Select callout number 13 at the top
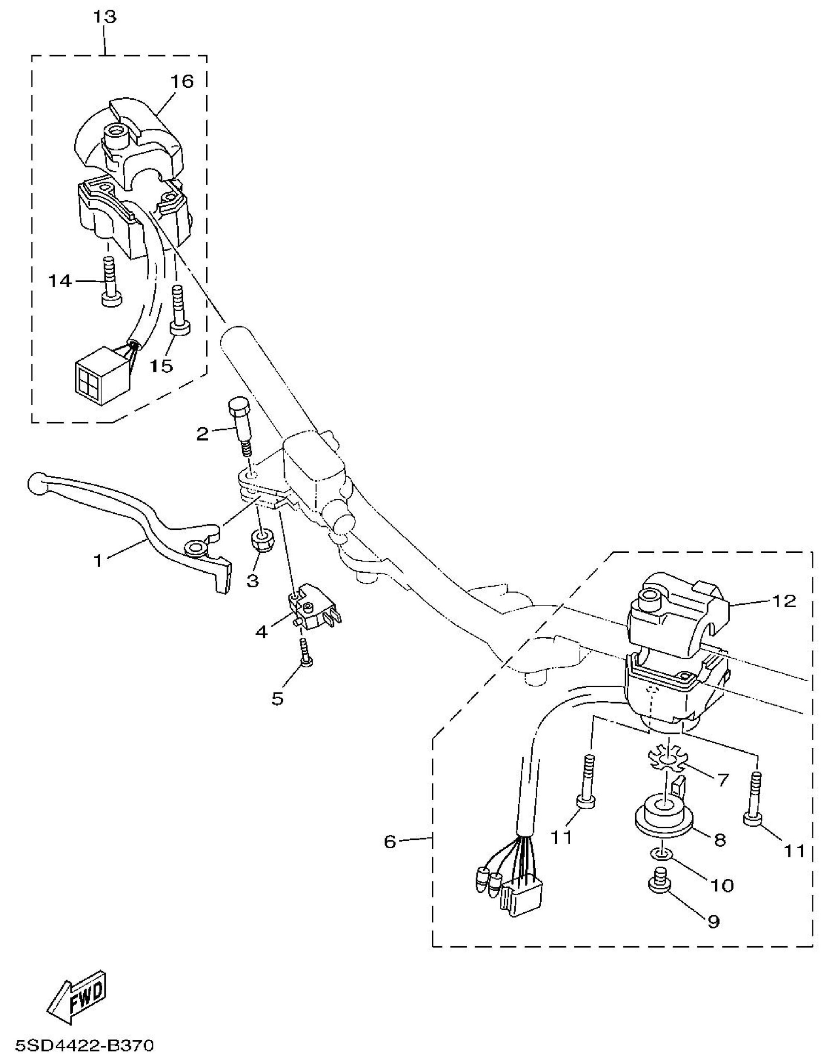tap(105, 17)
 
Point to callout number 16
tap(182, 81)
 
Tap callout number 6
tap(390, 841)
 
